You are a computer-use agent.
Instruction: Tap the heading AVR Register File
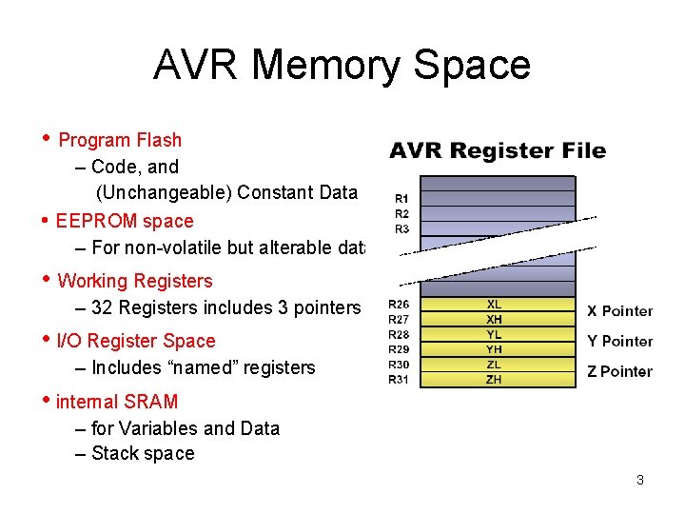click(x=498, y=150)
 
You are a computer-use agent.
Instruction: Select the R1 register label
click(x=401, y=199)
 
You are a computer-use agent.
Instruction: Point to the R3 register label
click(x=401, y=229)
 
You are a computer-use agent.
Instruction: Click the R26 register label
click(x=399, y=305)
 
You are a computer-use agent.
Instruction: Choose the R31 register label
click(x=399, y=380)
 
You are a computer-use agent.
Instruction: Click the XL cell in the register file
click(x=494, y=305)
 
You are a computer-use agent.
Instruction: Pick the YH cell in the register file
click(x=494, y=349)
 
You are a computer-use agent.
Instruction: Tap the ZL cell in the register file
click(x=494, y=365)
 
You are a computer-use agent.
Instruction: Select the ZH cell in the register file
click(x=494, y=380)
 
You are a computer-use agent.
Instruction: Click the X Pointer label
click(x=619, y=311)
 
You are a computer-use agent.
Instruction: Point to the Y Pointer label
click(x=619, y=342)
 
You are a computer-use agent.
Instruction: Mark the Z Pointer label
click(x=619, y=372)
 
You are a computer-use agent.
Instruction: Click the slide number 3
click(x=640, y=480)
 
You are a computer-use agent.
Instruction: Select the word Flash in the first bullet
click(x=159, y=140)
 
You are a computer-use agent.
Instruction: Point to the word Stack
click(x=113, y=454)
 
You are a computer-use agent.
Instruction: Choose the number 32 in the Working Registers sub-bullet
click(x=102, y=307)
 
